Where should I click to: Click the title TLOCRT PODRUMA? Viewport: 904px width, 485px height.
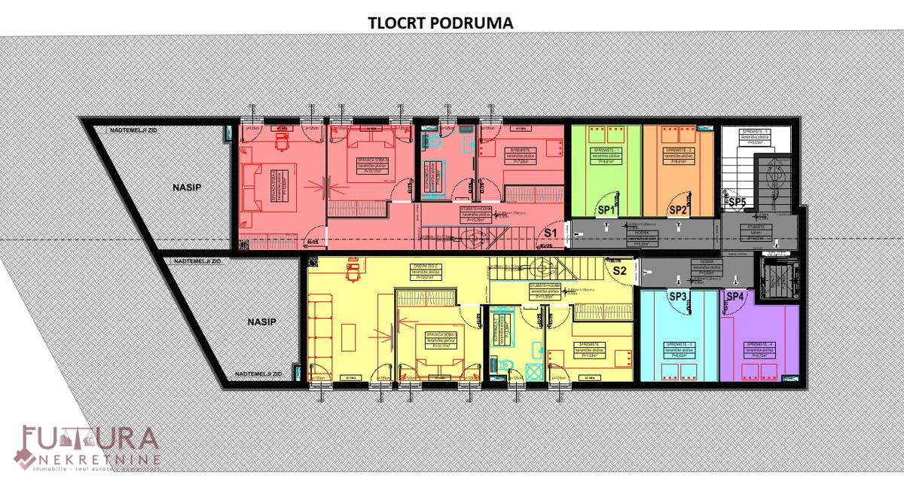point(441,23)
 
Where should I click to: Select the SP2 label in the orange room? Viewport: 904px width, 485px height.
point(677,210)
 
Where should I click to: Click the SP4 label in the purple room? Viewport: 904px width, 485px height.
point(735,297)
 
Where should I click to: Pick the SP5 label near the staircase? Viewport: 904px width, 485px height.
point(737,202)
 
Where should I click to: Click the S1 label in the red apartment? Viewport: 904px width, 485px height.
point(551,233)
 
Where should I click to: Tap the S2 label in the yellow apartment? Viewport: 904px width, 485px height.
point(619,270)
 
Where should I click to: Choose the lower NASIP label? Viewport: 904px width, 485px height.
point(261,322)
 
